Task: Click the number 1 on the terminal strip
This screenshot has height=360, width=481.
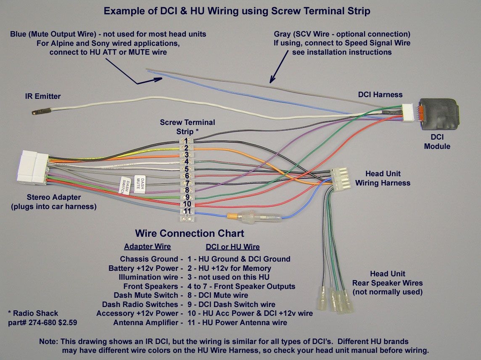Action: [186, 140]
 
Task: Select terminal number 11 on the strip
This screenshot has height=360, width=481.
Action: [187, 211]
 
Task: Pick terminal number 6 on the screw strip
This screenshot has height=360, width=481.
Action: [186, 175]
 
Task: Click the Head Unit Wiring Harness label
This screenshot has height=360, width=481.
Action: [383, 178]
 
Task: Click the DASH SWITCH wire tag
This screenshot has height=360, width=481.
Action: [125, 186]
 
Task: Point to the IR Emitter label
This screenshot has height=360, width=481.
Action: [42, 96]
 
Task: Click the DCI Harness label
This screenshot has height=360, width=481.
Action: [380, 95]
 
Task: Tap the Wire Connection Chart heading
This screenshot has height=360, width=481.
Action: [189, 233]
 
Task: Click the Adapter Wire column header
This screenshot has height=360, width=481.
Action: [147, 246]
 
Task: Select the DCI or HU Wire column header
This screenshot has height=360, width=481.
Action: [233, 247]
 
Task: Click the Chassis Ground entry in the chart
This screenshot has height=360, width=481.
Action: [149, 259]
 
